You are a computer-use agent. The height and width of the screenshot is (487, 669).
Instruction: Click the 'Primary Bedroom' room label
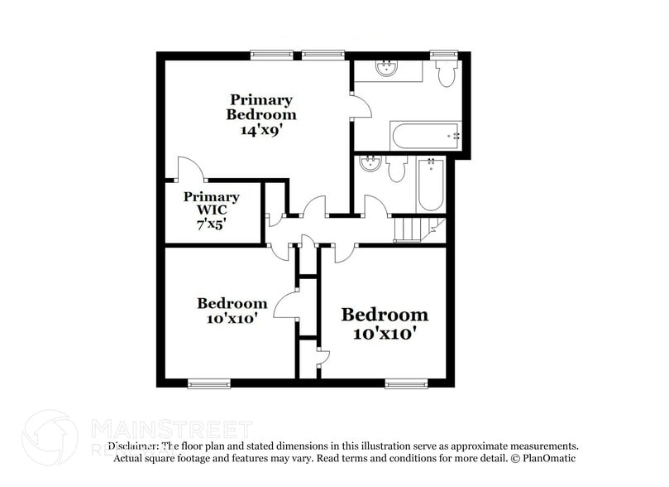(261, 107)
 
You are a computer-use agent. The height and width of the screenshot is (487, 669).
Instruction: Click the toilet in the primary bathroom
(447, 75)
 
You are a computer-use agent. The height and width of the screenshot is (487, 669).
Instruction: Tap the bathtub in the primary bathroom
(425, 135)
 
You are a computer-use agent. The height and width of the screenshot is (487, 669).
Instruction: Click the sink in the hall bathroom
(370, 164)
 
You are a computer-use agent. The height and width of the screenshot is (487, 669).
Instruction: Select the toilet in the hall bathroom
(396, 170)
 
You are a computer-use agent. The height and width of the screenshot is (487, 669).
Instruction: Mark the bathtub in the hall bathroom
(431, 184)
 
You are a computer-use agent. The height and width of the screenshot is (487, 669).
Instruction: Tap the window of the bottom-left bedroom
(208, 383)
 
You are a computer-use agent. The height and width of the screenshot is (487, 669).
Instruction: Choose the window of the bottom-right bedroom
(406, 383)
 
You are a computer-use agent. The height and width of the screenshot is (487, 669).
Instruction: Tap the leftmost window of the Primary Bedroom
(272, 55)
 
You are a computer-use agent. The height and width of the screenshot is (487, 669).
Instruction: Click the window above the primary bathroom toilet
(444, 55)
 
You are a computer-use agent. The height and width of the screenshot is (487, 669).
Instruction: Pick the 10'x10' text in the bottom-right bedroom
(385, 334)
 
